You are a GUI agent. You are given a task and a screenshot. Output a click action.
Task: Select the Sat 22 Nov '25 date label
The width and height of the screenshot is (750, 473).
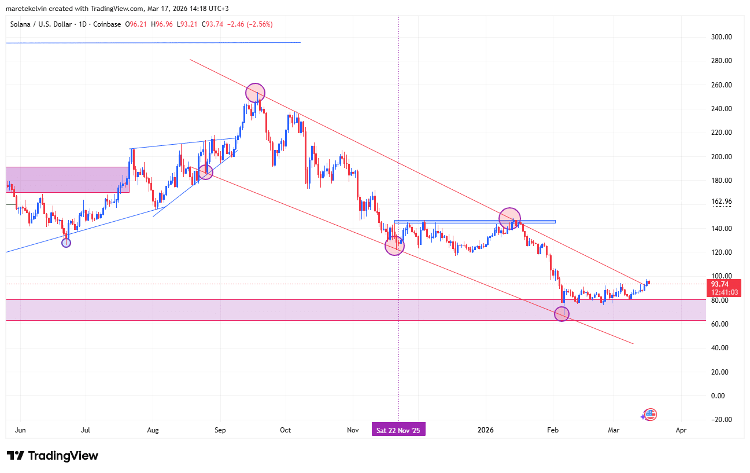pos(399,430)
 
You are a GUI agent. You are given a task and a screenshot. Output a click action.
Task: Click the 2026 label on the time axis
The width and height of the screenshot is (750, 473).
pos(486,430)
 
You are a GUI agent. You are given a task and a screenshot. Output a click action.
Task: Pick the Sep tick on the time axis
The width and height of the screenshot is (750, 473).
pos(220,430)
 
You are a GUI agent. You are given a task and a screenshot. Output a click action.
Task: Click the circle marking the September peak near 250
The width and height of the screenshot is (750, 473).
pos(255,93)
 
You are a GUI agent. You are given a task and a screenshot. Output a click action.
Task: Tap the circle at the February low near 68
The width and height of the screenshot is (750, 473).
pos(561,314)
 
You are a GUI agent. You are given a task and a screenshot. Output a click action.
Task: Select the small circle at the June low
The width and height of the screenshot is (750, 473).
pos(66,243)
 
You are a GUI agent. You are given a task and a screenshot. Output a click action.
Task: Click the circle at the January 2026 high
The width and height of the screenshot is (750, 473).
pos(509,218)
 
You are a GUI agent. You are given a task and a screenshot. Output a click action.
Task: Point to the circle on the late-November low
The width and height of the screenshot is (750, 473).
pos(395,245)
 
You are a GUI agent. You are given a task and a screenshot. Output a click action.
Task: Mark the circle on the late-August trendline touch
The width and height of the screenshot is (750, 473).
pos(205,172)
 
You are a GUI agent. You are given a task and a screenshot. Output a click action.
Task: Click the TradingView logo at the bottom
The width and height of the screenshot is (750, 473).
pos(53,456)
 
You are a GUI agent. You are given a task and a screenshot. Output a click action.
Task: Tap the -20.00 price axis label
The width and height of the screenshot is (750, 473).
pos(720,419)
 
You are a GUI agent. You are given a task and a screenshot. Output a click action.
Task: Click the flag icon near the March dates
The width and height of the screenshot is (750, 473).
pos(650,414)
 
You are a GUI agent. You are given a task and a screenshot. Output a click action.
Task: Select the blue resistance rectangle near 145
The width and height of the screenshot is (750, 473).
pos(474,222)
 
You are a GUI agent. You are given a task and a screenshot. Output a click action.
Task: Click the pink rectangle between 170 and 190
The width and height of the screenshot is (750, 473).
pos(67,179)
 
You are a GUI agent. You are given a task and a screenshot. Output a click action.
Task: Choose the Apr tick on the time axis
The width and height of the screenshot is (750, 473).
pos(681,430)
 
